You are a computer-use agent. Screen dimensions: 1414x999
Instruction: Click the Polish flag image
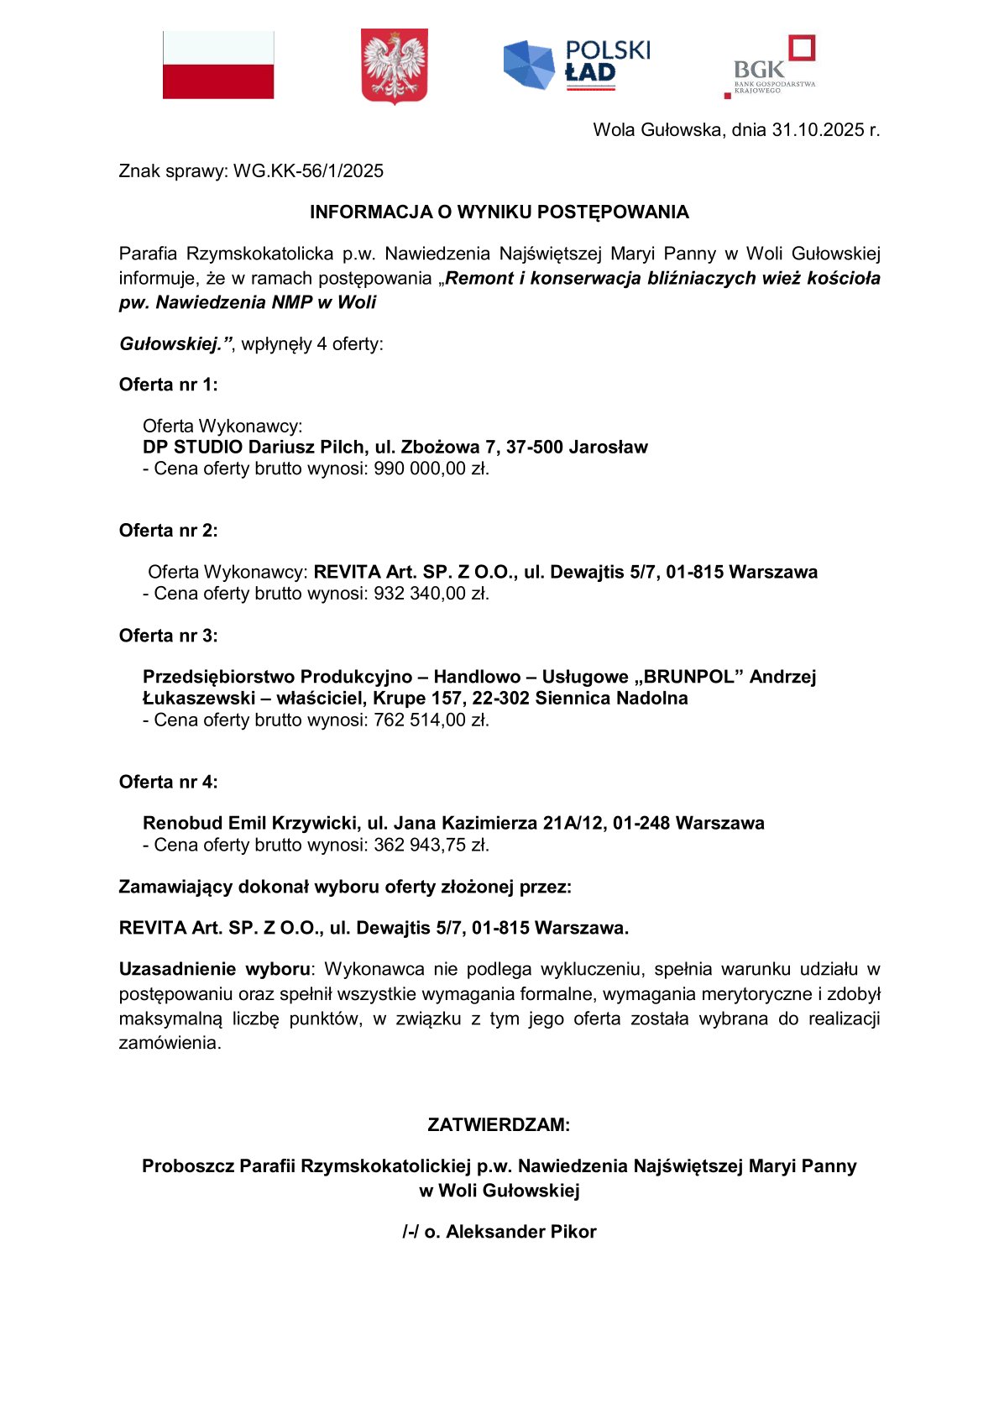pos(218,65)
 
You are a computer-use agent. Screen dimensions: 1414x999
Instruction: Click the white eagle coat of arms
pos(394,65)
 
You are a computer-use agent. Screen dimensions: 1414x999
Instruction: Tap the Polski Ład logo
pos(577,65)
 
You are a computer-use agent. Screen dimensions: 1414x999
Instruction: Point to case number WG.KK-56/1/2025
pos(308,171)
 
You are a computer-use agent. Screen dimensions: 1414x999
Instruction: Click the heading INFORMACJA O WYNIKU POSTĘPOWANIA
pos(499,212)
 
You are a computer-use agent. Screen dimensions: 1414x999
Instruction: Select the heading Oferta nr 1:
pos(168,385)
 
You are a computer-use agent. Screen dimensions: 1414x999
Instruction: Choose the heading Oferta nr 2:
pos(168,531)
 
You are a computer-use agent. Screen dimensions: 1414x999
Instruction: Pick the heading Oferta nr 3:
pos(168,636)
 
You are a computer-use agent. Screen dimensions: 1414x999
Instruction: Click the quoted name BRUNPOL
pos(688,677)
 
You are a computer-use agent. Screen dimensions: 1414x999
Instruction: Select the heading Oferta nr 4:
pos(168,782)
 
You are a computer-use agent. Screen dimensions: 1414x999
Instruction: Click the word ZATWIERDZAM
pos(498,1125)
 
